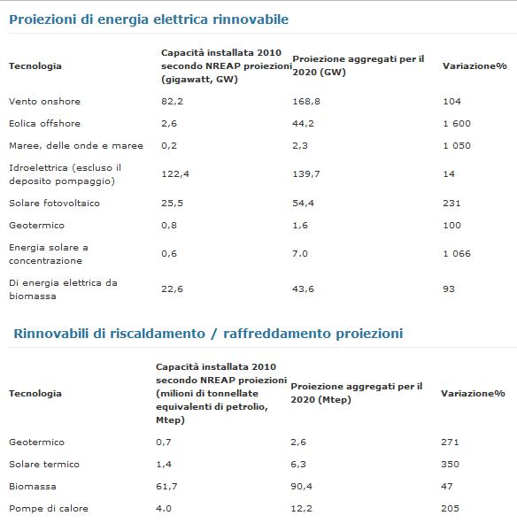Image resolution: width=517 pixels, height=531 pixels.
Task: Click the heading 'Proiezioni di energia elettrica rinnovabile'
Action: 149,19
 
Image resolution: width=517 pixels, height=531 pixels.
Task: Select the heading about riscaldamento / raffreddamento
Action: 208,334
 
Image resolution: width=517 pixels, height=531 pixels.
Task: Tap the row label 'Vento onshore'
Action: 45,101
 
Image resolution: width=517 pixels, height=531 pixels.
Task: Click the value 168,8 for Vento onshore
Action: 306,101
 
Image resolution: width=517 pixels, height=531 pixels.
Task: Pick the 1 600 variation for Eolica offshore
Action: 457,123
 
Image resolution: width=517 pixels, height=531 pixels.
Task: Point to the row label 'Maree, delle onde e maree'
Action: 76,146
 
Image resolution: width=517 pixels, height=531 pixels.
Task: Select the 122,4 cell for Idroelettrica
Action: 175,174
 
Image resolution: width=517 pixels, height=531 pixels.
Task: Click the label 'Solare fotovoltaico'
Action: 55,204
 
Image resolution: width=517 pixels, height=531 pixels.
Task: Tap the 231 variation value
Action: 451,204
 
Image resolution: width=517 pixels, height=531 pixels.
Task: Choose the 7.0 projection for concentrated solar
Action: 300,254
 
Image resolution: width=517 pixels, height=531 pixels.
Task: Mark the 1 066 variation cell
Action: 457,254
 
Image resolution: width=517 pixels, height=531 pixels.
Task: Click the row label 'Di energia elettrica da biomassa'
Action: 64,289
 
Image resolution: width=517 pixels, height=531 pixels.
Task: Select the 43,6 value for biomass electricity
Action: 304,289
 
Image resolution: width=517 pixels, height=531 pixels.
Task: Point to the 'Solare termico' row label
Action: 44,465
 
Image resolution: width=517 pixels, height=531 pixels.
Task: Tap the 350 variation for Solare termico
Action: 450,465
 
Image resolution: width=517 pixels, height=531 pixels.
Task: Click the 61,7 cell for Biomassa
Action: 166,487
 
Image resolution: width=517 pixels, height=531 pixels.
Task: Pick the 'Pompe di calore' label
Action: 49,509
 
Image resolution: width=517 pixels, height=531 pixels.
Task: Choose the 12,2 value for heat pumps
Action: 302,509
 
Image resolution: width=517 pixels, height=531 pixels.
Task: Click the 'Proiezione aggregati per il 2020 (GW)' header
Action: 359,65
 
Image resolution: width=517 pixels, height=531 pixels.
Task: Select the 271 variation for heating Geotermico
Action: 450,442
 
